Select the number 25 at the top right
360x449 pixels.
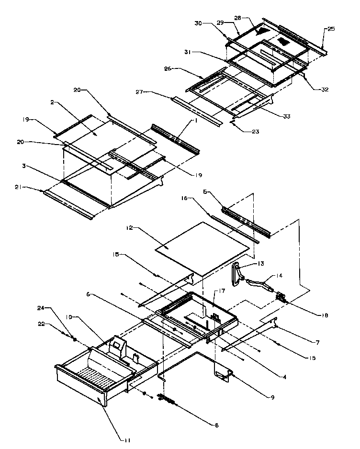tap(331, 29)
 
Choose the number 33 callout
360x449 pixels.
tap(286, 115)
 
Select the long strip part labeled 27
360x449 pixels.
tap(196, 110)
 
